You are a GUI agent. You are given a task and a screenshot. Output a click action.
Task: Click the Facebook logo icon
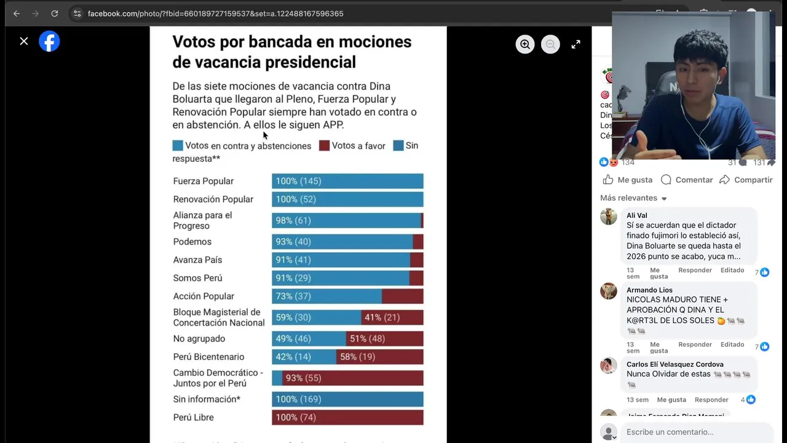[49, 41]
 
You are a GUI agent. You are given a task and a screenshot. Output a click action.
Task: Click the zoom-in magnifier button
[525, 44]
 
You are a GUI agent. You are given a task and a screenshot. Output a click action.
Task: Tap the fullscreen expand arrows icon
[575, 44]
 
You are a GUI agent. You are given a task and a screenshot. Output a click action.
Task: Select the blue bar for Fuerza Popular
[347, 181]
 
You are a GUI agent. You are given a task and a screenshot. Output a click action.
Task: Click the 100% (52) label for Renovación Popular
[296, 199]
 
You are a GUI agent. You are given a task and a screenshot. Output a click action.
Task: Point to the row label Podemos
[192, 242]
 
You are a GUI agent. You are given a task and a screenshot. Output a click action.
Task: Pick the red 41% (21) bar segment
[392, 317]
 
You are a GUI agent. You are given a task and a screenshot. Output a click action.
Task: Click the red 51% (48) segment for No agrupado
[385, 338]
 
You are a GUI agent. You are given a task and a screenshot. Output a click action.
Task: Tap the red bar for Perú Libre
[347, 417]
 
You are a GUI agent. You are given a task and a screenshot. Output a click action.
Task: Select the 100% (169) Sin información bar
[347, 399]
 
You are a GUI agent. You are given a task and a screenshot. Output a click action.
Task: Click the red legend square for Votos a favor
[324, 146]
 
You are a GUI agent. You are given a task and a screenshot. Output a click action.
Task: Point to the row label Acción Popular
[204, 296]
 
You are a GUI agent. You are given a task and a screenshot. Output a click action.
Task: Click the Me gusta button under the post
[627, 180]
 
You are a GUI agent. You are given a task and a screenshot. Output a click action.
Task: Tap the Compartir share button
[746, 180]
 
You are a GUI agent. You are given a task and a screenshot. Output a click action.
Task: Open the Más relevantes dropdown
[633, 198]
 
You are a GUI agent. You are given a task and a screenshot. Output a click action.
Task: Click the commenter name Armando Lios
[649, 290]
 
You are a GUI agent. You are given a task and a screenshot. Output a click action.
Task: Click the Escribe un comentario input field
[695, 432]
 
